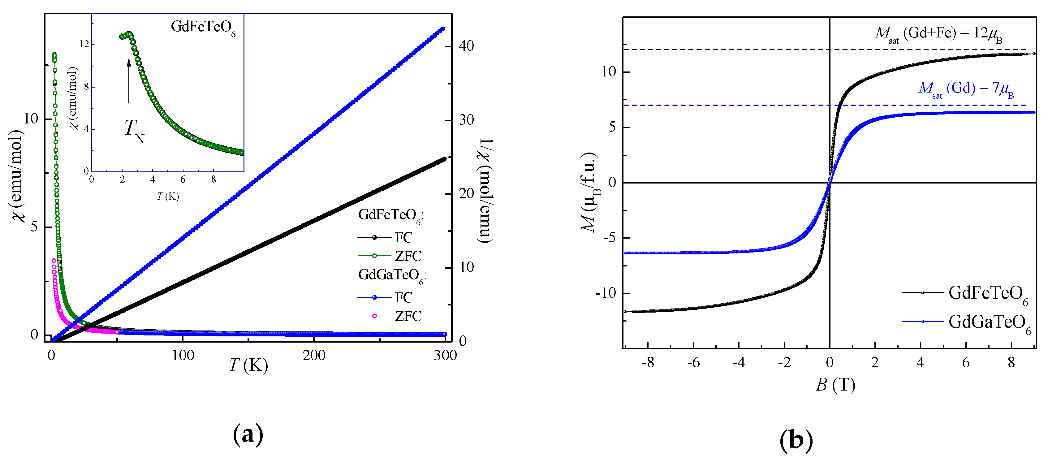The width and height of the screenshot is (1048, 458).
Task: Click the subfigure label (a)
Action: pos(248,435)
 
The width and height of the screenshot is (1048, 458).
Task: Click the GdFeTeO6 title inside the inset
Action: pos(203,28)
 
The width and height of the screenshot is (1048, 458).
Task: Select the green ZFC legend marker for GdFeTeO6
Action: pos(374,256)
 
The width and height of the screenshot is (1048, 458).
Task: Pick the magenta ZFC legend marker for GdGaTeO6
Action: pos(374,316)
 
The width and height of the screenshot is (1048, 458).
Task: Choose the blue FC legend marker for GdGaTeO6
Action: pos(374,297)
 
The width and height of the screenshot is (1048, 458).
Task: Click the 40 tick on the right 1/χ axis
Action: pos(466,46)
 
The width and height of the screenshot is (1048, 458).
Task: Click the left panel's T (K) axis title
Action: pos(248,365)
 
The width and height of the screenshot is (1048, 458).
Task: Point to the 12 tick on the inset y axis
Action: pos(84,44)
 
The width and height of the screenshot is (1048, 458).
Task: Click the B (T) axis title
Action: pos(835,384)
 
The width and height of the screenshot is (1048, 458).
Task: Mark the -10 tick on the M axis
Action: pos(606,293)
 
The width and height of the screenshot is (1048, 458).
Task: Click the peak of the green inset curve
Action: pos(129,34)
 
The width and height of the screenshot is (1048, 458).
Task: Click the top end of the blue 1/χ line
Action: pos(443,29)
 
